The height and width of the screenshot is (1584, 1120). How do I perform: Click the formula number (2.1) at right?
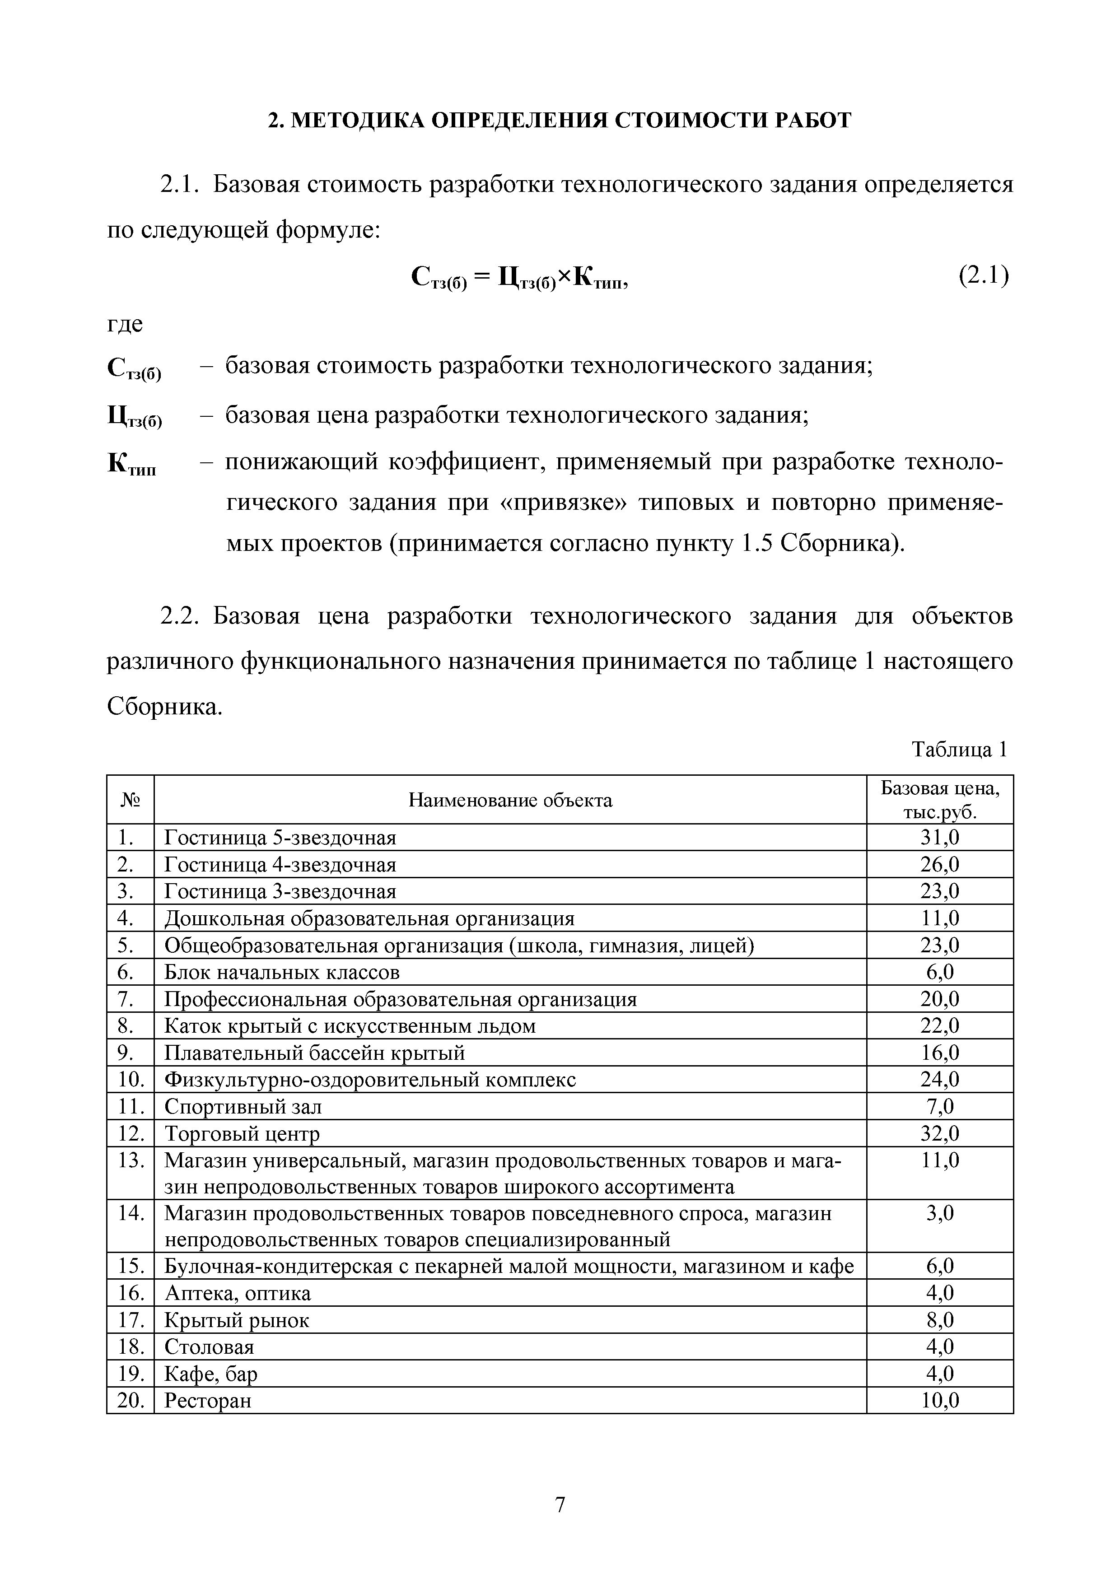[983, 277]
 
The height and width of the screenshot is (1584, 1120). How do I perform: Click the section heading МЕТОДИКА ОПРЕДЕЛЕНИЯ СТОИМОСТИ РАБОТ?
[560, 121]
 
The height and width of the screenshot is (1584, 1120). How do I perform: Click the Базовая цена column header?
[940, 800]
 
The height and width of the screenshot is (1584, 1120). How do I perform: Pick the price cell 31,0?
[940, 838]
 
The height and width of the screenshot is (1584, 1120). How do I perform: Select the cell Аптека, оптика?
[238, 1294]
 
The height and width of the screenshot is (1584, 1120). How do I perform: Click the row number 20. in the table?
[131, 1401]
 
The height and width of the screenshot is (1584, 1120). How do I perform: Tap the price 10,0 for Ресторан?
[940, 1401]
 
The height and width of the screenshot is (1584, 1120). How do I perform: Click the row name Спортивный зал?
[243, 1107]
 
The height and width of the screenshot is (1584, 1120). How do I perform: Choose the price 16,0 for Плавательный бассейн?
[940, 1053]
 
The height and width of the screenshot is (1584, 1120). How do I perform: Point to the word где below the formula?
[125, 324]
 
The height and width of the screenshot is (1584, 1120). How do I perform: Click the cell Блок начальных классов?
[281, 972]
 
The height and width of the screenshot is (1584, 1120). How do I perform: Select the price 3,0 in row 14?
[940, 1214]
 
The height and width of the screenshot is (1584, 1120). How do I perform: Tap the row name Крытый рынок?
[237, 1320]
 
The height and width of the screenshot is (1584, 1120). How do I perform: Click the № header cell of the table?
[131, 800]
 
